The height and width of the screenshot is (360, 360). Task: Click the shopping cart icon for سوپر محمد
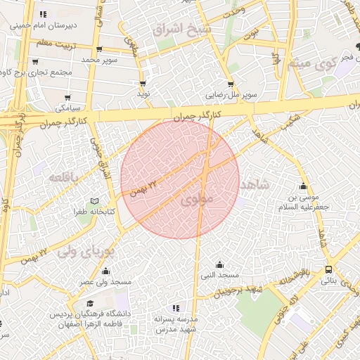tap(98, 49)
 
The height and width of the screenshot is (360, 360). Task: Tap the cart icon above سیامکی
tap(67, 98)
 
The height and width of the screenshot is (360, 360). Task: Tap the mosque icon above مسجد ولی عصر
tap(106, 271)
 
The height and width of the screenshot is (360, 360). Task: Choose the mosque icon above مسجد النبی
tap(219, 264)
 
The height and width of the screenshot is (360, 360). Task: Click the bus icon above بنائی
tap(329, 270)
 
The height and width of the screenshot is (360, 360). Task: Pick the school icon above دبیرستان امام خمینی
tap(44, 13)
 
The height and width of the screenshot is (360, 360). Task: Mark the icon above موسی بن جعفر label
tap(304, 186)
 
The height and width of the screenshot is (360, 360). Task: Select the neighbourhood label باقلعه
tap(69, 176)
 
